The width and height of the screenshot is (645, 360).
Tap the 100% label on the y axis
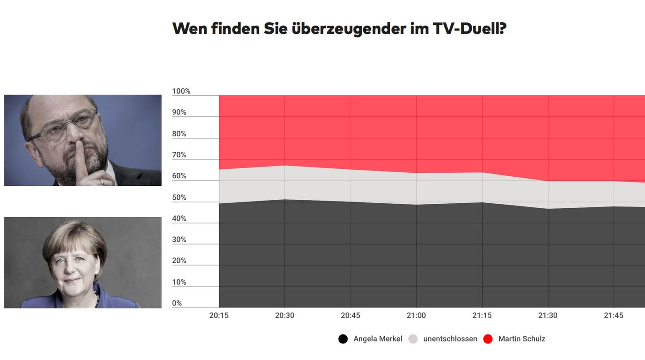(x=181, y=91)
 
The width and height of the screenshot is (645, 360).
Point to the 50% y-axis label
(x=180, y=197)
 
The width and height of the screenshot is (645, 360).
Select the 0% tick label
(x=177, y=303)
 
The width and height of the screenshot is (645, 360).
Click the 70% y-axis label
(x=180, y=155)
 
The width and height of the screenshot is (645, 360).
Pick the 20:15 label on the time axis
(x=219, y=316)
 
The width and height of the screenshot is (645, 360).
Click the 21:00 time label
(x=416, y=316)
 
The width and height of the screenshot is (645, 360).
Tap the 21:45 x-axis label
(x=614, y=316)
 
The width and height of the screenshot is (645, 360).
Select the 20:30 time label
(x=284, y=316)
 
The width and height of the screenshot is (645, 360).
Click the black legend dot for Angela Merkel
(x=343, y=339)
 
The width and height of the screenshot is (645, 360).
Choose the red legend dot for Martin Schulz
(x=488, y=339)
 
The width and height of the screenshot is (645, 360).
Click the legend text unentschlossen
(x=450, y=339)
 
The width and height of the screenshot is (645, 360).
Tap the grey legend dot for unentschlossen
(x=413, y=339)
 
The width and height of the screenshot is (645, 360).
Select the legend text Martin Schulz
(x=522, y=339)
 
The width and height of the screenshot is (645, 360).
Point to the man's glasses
(x=63, y=128)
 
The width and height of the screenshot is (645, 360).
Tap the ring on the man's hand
(x=103, y=182)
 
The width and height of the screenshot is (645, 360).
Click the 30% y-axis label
(x=180, y=240)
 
